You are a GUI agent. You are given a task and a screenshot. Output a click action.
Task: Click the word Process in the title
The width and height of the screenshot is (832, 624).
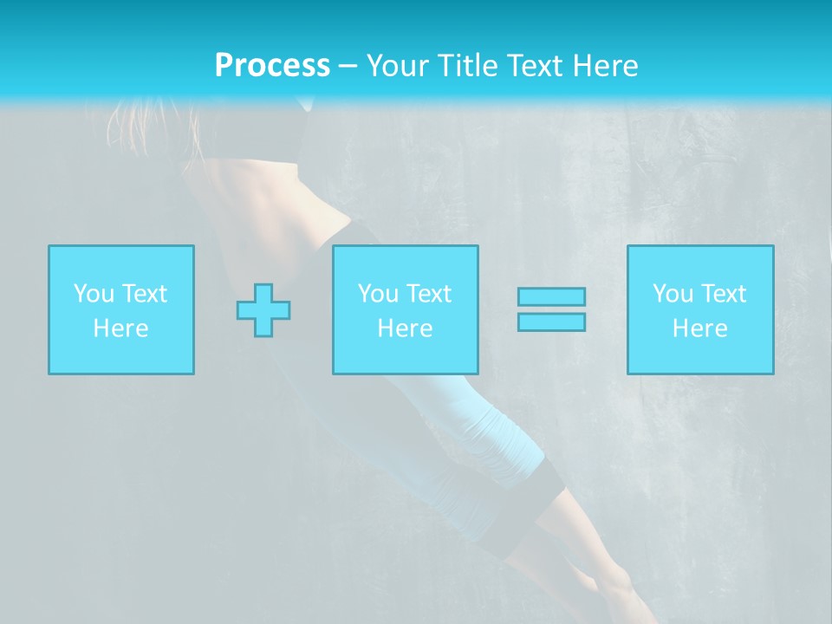272,66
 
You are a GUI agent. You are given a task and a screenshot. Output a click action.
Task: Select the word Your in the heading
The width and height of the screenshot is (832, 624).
398,66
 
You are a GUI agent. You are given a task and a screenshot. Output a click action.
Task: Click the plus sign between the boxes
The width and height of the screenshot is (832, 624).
263,310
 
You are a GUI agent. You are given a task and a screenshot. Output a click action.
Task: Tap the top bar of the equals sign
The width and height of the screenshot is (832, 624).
551,296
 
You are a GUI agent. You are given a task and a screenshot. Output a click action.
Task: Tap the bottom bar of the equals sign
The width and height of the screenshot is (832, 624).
551,322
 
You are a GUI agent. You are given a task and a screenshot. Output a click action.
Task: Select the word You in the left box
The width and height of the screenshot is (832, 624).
93,294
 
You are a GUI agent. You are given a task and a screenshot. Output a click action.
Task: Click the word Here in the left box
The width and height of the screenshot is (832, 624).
121,328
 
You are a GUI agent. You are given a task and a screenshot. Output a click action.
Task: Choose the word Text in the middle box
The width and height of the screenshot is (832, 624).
428,294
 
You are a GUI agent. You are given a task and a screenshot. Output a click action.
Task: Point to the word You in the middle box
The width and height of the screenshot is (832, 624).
378,294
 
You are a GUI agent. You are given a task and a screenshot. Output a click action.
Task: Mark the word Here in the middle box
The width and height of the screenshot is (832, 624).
406,328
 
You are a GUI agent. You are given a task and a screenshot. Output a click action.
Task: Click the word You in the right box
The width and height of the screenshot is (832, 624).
673,294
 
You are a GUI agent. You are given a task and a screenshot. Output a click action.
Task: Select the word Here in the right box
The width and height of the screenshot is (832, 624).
700,328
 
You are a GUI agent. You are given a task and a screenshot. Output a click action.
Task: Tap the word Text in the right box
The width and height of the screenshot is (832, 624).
723,294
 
